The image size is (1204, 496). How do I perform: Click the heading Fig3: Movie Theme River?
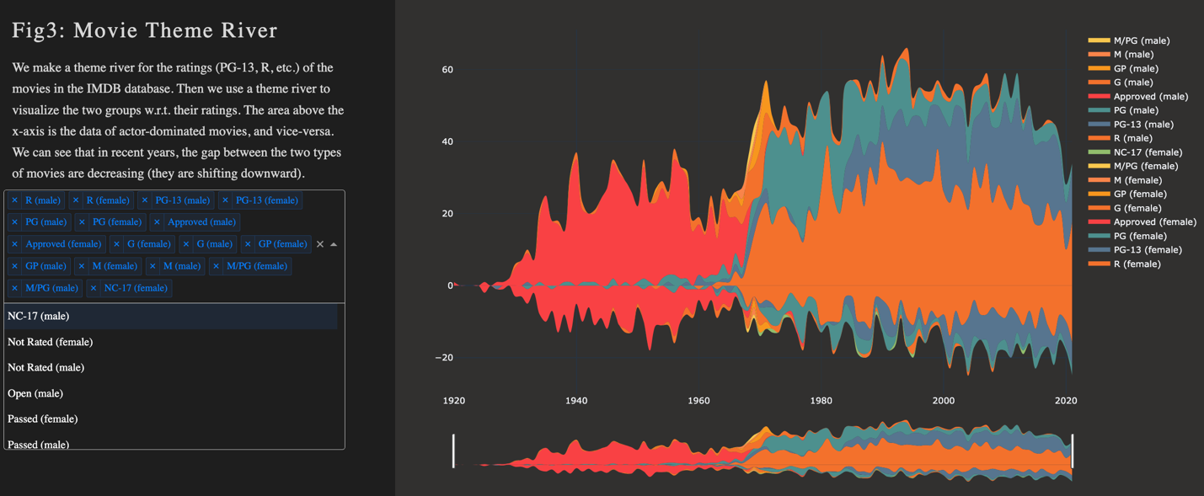pyautogui.click(x=144, y=30)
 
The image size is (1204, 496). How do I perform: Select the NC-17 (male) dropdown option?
pyautogui.click(x=39, y=317)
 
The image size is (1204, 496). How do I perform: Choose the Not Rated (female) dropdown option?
pyautogui.click(x=50, y=342)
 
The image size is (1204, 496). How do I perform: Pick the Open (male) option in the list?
pyautogui.click(x=35, y=393)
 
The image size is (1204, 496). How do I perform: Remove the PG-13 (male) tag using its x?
pyautogui.click(x=145, y=200)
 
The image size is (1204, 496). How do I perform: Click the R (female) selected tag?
pyautogui.click(x=108, y=200)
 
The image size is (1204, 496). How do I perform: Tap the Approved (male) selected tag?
pyautogui.click(x=201, y=222)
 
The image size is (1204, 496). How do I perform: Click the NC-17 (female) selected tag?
pyautogui.click(x=135, y=288)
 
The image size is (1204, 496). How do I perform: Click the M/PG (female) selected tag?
pyautogui.click(x=256, y=266)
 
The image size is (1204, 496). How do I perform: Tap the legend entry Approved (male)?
pyautogui.click(x=1150, y=97)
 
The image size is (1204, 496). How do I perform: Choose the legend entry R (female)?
pyautogui.click(x=1137, y=264)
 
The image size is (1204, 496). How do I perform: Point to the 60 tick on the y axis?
pyautogui.click(x=447, y=70)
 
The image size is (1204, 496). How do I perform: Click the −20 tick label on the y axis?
pyautogui.click(x=444, y=358)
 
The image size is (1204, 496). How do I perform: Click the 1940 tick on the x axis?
pyautogui.click(x=576, y=401)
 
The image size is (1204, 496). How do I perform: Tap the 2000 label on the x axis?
pyautogui.click(x=944, y=401)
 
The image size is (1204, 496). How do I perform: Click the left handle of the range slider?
pyautogui.click(x=454, y=451)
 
